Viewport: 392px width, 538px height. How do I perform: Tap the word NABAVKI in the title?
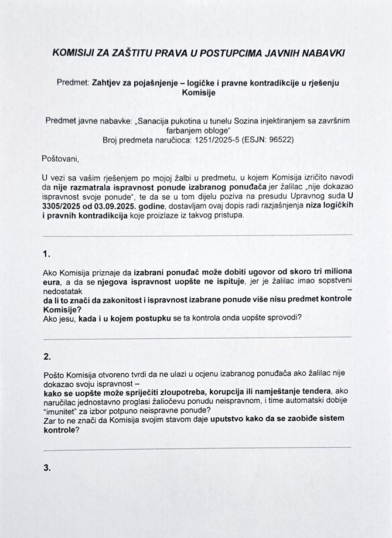point(324,53)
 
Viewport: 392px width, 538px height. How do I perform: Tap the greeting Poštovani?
point(59,158)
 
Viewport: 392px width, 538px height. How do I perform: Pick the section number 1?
point(47,254)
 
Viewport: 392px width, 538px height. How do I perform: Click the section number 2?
point(47,356)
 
